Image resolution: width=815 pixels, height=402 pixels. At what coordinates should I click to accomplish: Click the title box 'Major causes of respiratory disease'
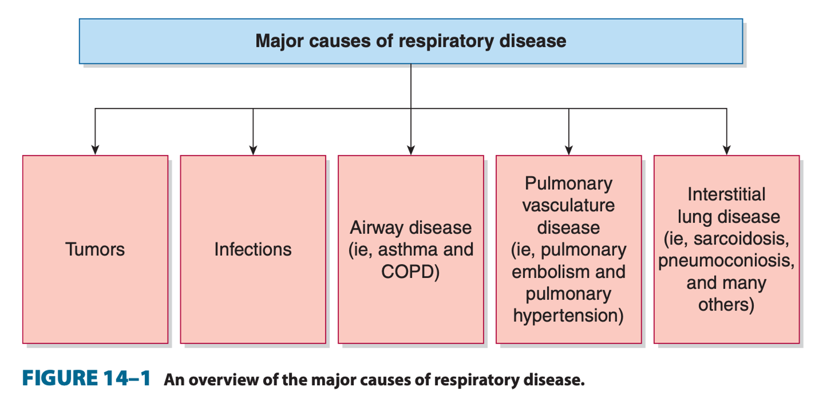click(411, 41)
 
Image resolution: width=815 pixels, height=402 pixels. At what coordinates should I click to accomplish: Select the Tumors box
click(95, 249)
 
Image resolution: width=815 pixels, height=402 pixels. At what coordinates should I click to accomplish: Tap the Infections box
click(253, 249)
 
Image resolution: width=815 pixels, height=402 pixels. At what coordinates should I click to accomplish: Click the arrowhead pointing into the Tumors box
click(95, 150)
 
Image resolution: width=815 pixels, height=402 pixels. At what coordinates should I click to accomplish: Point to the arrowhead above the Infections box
click(253, 150)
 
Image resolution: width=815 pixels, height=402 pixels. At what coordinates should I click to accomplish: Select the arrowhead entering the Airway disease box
click(411, 150)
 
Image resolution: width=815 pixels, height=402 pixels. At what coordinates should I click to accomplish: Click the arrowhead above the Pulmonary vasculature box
click(569, 150)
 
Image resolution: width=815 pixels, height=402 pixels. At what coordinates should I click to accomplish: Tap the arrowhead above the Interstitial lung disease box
click(726, 150)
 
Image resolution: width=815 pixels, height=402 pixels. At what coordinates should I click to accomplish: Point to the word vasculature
click(568, 205)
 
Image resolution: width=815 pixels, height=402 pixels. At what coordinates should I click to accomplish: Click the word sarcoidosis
click(741, 239)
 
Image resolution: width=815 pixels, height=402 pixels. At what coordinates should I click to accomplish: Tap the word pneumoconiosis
click(726, 260)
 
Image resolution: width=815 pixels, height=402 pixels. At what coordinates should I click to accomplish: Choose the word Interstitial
click(726, 194)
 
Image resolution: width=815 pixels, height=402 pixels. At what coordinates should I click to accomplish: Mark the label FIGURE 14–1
click(86, 379)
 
